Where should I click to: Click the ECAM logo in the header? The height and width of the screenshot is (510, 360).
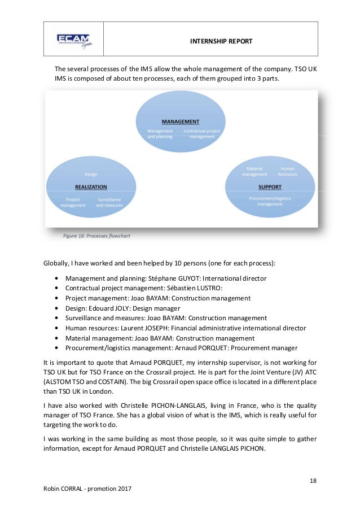(x=73, y=40)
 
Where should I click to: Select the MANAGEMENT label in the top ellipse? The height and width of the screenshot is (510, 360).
(x=181, y=121)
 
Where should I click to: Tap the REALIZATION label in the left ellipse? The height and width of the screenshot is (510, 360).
(x=91, y=187)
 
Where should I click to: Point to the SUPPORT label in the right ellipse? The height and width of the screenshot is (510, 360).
(x=270, y=187)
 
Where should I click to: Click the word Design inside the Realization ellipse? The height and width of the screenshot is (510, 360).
(x=91, y=175)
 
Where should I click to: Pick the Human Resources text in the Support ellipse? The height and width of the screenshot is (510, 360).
(x=287, y=172)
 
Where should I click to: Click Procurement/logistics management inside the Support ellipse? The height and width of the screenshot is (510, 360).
(x=270, y=201)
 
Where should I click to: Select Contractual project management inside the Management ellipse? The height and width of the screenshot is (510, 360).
(x=201, y=134)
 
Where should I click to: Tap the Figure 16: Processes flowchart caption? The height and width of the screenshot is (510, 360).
(x=96, y=236)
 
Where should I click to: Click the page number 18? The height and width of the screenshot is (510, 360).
(x=313, y=481)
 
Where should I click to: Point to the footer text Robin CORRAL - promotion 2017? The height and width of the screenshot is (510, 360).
(x=87, y=489)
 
